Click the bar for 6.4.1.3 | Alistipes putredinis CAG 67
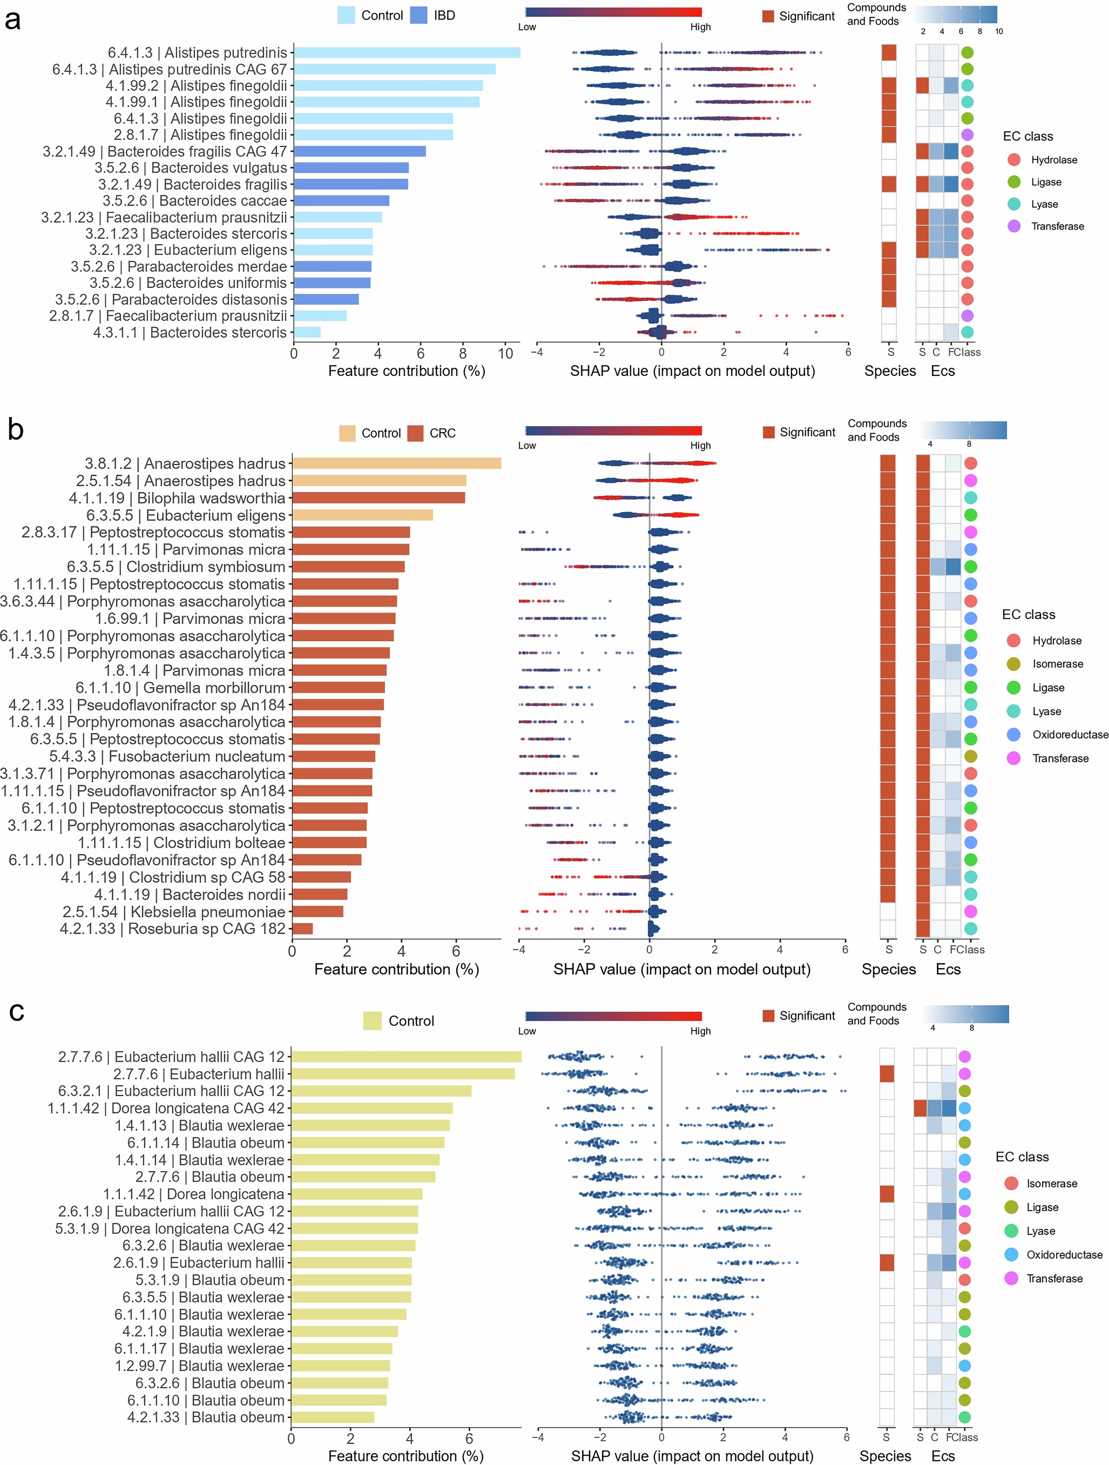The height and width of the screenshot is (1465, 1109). coord(394,69)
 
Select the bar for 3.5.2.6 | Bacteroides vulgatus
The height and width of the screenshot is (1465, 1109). coord(351,167)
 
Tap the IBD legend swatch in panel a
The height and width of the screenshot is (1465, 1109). coord(418,15)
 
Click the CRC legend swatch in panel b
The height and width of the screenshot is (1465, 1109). coord(415,433)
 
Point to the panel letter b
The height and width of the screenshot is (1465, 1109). coord(15,430)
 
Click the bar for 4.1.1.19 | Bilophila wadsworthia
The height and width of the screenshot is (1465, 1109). coord(378,498)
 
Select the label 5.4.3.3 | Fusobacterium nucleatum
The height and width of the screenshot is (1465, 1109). coord(167,756)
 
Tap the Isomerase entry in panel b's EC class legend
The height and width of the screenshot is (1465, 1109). coord(1057,663)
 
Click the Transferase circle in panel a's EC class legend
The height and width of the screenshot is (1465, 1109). coord(1013,226)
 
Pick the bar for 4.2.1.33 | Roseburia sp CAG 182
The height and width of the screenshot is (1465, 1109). coord(302,929)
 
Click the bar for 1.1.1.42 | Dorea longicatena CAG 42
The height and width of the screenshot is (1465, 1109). coord(371,1108)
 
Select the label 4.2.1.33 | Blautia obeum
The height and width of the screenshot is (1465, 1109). coord(205,1417)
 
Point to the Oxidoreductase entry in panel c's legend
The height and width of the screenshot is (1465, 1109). coord(1064,1254)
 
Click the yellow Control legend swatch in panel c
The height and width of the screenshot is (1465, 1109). coord(372,1020)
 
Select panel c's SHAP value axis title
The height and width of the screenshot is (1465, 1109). coord(692,1456)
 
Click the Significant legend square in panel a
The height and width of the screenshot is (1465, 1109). coord(768,16)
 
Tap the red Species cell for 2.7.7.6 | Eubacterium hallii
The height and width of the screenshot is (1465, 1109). coord(887,1073)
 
